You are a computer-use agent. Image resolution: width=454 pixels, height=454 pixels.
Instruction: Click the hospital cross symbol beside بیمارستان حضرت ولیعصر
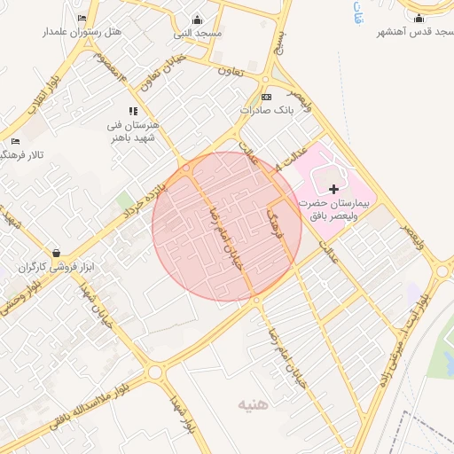tap(334, 189)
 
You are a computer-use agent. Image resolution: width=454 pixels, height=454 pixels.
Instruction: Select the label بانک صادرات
tap(266, 112)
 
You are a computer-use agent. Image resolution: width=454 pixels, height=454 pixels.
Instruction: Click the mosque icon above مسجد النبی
tap(197, 20)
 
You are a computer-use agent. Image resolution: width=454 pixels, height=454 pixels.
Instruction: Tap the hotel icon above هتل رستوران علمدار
tap(82, 19)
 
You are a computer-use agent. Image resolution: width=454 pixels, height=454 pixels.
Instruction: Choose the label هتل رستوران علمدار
tap(82, 32)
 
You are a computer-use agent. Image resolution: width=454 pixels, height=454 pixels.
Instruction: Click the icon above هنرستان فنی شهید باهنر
tap(133, 111)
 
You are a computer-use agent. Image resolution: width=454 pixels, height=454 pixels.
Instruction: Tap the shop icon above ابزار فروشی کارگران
tap(57, 253)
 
